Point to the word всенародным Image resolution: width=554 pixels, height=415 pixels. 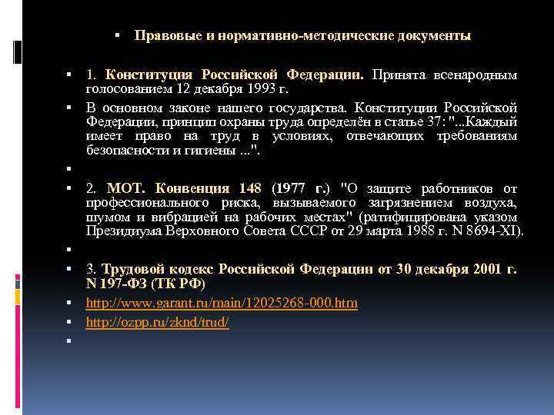(x=473, y=75)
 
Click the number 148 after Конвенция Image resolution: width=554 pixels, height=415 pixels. (x=250, y=188)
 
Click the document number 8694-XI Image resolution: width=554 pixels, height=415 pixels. (x=493, y=229)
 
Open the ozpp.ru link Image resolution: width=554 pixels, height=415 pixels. (x=157, y=322)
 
